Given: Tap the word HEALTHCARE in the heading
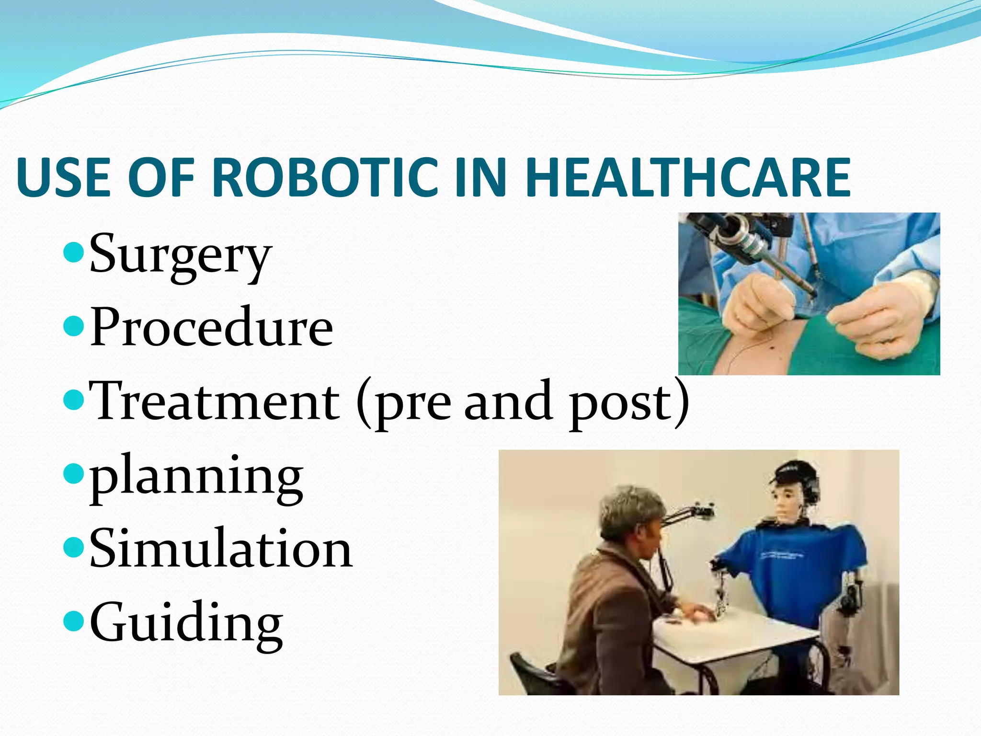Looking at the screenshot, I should [687, 177].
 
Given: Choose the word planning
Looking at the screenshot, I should [196, 477].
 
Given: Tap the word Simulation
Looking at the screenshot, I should [221, 549].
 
